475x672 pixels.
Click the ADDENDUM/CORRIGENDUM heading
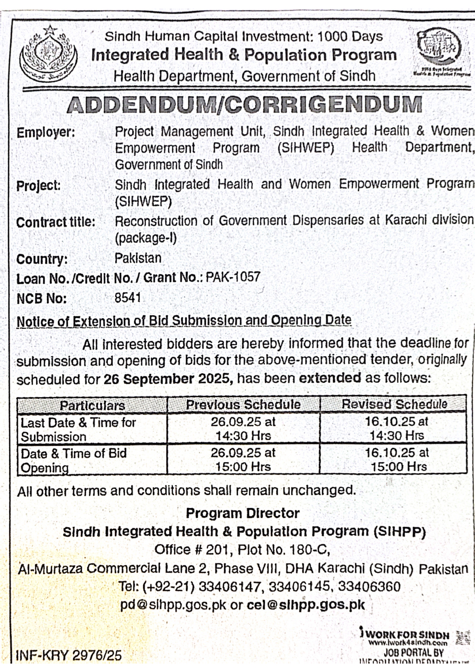coord(244,105)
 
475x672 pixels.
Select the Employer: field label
coord(46,132)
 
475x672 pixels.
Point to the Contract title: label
coord(56,222)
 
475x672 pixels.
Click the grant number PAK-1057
coord(233,277)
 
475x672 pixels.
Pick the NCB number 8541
coord(128,298)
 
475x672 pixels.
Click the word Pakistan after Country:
coord(138,258)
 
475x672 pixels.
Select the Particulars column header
coord(92,405)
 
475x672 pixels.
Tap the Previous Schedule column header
coord(243,405)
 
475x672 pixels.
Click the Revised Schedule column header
coord(394,404)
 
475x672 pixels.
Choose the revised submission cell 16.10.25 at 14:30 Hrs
coord(396,428)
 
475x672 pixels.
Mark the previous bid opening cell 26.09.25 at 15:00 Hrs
coord(243,459)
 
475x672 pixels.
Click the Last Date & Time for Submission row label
coord(78,429)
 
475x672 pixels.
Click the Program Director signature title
coord(242,513)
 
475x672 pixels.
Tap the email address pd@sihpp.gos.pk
coord(173,605)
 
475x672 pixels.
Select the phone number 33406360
coord(369,587)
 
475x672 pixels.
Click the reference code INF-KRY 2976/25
coord(69,656)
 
